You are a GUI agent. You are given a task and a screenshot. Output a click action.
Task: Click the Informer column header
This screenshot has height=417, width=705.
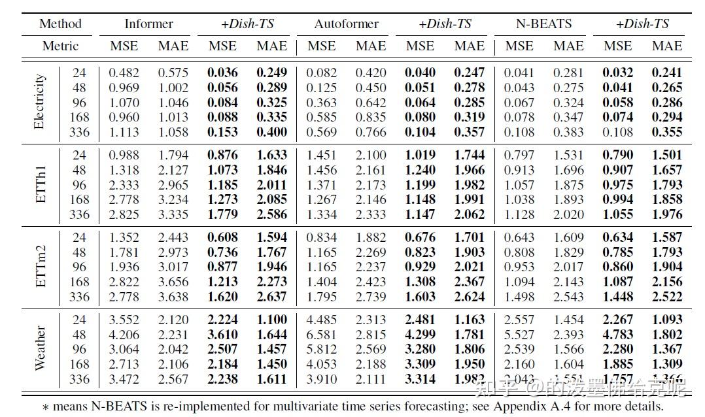(148, 24)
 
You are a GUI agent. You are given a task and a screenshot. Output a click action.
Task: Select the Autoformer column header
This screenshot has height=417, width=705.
(346, 24)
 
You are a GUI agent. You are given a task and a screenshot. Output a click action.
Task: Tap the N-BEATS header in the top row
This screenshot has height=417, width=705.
(543, 24)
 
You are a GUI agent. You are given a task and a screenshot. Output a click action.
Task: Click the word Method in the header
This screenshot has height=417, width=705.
(60, 24)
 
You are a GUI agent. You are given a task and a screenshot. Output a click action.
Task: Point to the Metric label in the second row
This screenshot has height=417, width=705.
(60, 46)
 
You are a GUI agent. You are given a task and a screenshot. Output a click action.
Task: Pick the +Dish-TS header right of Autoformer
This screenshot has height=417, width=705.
(445, 24)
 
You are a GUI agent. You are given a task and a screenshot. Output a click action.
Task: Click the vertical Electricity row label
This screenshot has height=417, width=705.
(40, 102)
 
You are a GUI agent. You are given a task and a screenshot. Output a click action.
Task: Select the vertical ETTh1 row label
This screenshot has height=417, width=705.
(40, 184)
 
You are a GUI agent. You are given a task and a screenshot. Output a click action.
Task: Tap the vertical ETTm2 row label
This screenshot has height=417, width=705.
(40, 267)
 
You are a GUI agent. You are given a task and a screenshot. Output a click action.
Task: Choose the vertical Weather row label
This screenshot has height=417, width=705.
(40, 349)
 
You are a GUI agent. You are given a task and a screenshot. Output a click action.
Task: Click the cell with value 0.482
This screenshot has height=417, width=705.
(124, 73)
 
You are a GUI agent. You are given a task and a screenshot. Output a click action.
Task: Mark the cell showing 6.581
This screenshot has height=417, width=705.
(322, 335)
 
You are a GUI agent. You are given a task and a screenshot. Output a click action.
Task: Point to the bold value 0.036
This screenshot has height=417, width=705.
(223, 73)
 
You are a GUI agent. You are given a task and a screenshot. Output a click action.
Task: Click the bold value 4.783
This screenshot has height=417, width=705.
(617, 335)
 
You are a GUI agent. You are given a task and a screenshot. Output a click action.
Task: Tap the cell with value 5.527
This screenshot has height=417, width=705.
(519, 335)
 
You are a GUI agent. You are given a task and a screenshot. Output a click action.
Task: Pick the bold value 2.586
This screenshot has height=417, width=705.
(271, 214)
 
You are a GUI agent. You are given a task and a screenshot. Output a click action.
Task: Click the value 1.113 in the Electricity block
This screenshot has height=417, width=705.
(124, 132)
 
